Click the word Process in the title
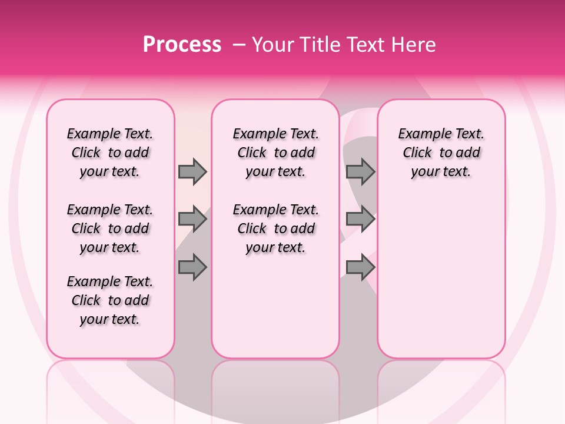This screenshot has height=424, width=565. coord(182,45)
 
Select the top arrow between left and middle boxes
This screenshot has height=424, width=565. coord(192,171)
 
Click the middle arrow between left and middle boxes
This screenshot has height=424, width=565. coord(192,220)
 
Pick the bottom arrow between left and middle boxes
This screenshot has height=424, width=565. coord(192,267)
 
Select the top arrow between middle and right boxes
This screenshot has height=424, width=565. coord(360,171)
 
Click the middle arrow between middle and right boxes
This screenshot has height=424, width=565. coord(360,220)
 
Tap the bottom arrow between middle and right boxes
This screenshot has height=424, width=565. coord(360,267)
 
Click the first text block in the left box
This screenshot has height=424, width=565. coord(110,153)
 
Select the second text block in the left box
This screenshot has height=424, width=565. coord(110,228)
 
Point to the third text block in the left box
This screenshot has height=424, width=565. coord(110,300)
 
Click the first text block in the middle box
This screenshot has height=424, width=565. coord(275,153)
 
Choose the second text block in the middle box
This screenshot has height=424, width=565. coord(275,228)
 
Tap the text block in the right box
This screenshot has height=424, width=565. coord(441,153)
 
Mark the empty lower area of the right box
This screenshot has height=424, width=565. coord(441,277)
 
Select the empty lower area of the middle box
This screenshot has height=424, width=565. coord(275,306)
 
